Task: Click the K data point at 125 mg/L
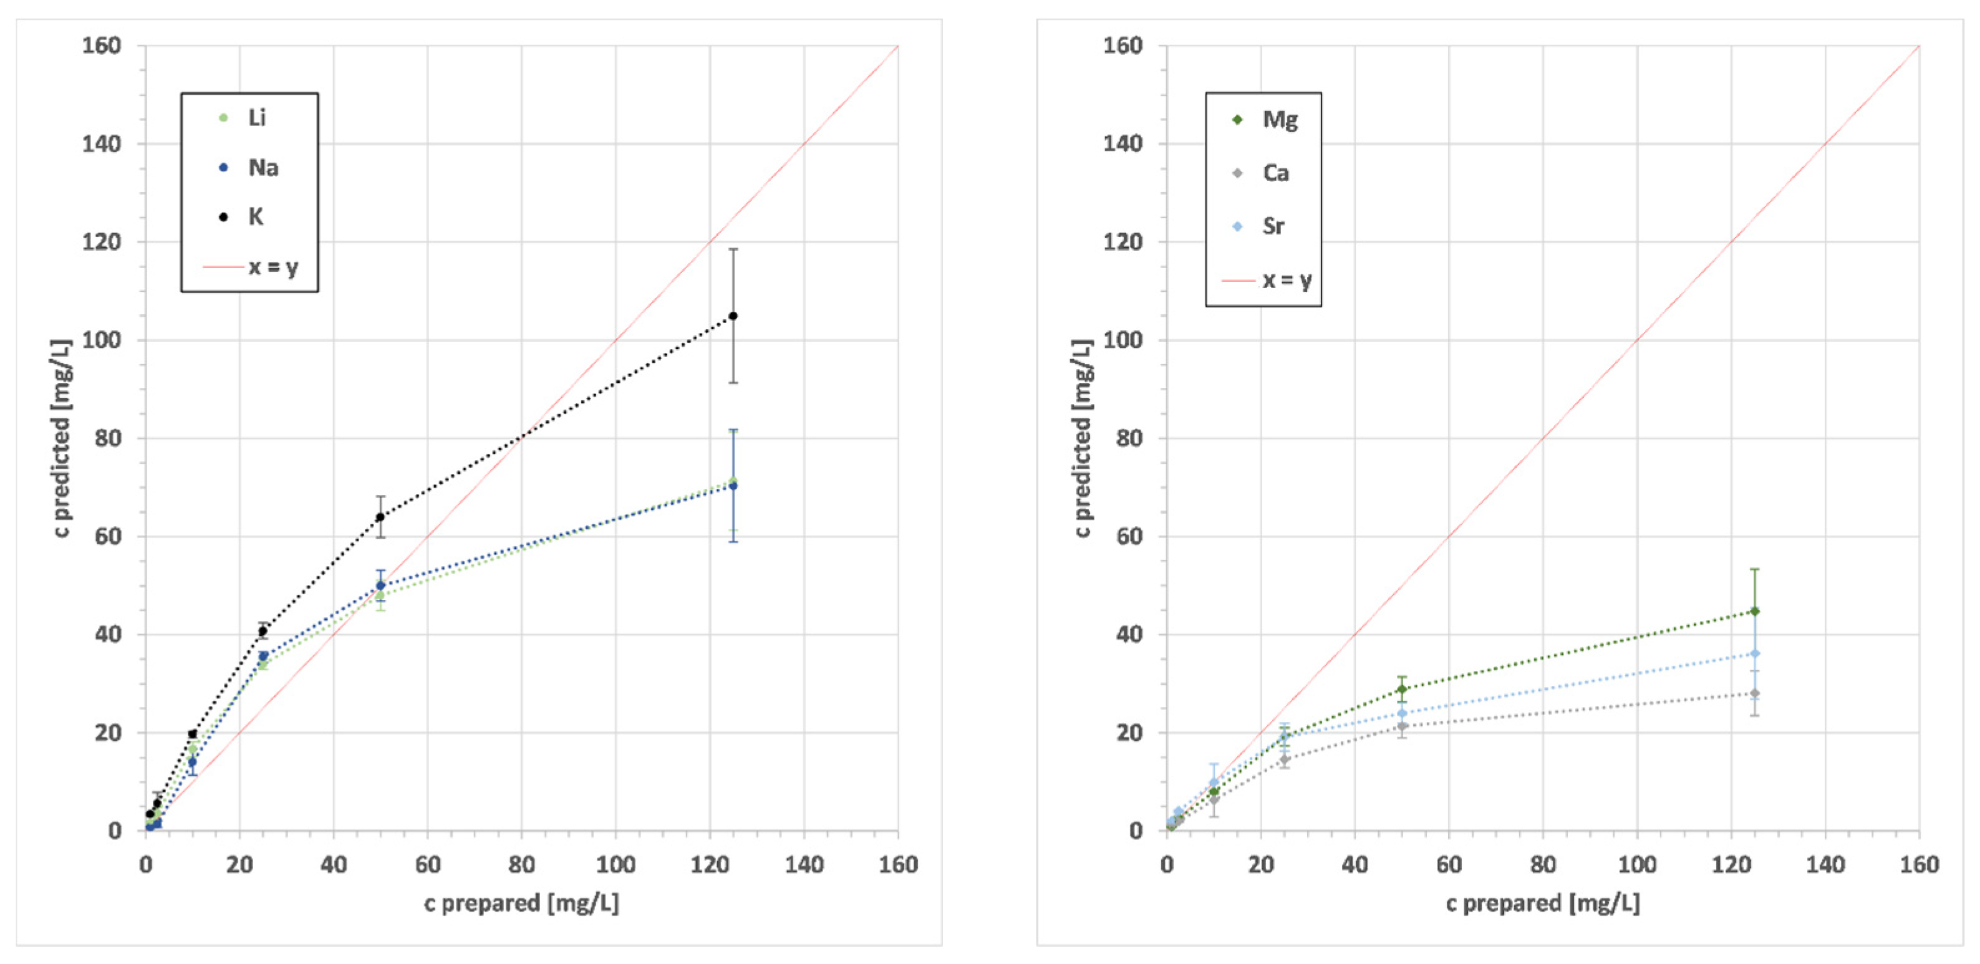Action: click(733, 316)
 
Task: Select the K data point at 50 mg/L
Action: click(380, 518)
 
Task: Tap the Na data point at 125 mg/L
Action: click(733, 486)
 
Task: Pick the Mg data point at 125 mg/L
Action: click(1754, 611)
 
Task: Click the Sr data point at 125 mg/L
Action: click(1754, 653)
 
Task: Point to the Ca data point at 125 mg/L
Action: click(1754, 693)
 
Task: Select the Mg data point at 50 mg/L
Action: click(1402, 689)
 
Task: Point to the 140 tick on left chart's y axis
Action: click(102, 144)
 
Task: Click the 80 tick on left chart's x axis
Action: click(521, 865)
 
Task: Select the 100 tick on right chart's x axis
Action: click(1636, 865)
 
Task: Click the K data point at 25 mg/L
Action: click(262, 631)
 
